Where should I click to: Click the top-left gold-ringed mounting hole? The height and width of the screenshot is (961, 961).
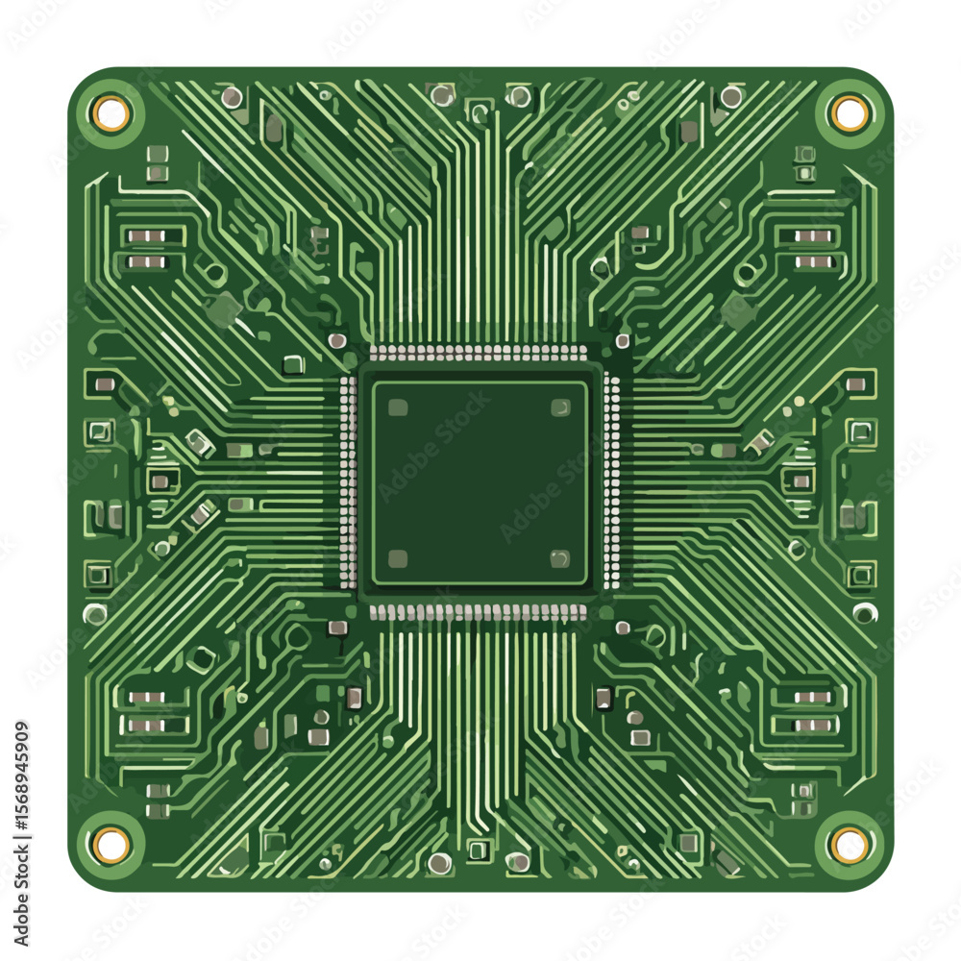click(111, 113)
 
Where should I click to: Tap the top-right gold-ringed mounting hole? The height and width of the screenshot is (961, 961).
click(850, 113)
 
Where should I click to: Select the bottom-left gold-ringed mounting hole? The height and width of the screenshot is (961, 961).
click(111, 844)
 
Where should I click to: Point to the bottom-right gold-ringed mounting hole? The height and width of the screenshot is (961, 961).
click(850, 844)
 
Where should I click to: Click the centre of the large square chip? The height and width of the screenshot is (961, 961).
click(480, 481)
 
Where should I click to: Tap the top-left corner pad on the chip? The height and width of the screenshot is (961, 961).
click(398, 407)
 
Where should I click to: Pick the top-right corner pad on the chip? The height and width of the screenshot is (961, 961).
click(560, 407)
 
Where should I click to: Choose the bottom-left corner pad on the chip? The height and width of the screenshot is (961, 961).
click(398, 558)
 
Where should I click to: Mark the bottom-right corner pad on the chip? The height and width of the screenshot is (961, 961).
click(560, 558)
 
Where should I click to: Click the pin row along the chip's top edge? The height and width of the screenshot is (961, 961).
click(478, 353)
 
